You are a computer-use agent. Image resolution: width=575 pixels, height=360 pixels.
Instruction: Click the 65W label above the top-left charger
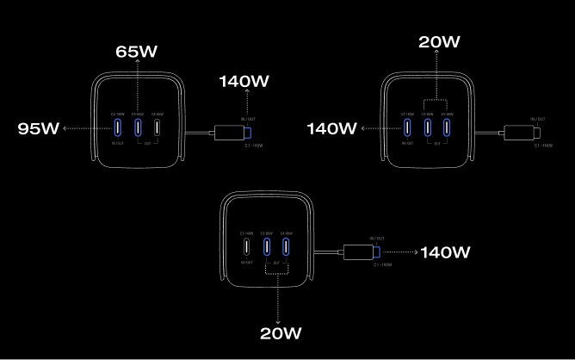[137, 52]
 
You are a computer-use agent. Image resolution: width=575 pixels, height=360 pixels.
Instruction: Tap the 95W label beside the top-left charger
[39, 128]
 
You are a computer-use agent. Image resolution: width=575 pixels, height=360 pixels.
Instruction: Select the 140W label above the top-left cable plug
[244, 82]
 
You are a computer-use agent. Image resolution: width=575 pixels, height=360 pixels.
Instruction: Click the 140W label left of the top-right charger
[331, 128]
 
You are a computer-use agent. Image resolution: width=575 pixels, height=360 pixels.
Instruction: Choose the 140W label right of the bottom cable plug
[444, 252]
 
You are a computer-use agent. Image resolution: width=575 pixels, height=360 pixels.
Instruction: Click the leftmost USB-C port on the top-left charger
[117, 127]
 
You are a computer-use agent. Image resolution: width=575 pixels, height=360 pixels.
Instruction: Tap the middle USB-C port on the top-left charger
[137, 127]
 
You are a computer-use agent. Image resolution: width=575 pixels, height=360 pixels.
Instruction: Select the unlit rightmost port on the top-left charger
[158, 127]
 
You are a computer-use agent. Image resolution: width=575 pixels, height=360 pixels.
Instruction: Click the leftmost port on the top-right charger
[407, 127]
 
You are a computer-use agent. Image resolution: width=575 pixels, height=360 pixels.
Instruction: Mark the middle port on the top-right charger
[427, 127]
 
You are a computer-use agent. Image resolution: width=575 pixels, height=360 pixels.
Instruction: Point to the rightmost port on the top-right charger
[447, 127]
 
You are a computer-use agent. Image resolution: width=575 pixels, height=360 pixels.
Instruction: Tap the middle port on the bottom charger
[267, 247]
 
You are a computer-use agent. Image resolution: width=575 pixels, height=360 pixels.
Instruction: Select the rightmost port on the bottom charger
[287, 247]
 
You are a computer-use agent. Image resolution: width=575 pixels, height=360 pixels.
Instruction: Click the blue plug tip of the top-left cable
[248, 133]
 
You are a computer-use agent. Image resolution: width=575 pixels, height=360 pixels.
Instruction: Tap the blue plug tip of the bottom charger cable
[376, 252]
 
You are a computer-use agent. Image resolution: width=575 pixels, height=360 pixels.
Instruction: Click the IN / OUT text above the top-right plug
[538, 118]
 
